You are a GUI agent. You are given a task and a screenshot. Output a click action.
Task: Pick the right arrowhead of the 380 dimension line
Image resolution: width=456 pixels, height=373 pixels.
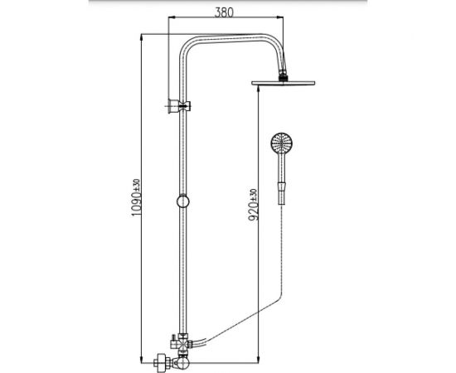(x=282, y=21)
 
